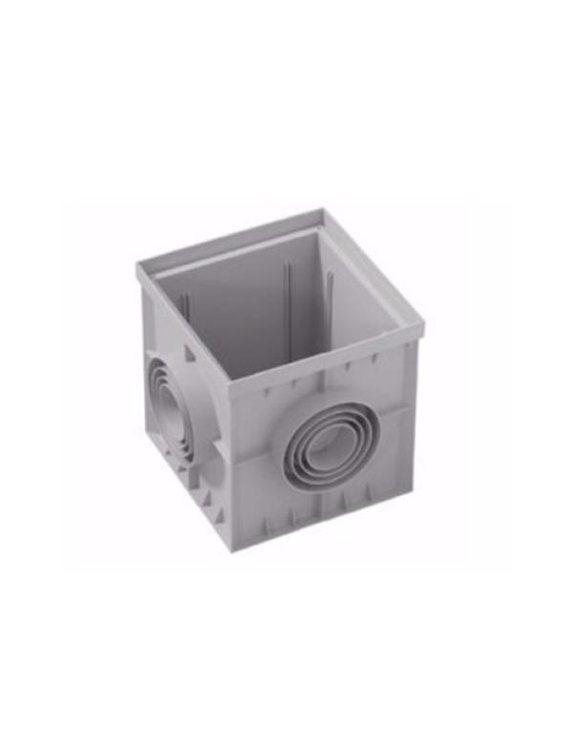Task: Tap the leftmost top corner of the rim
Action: pos(138,264)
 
